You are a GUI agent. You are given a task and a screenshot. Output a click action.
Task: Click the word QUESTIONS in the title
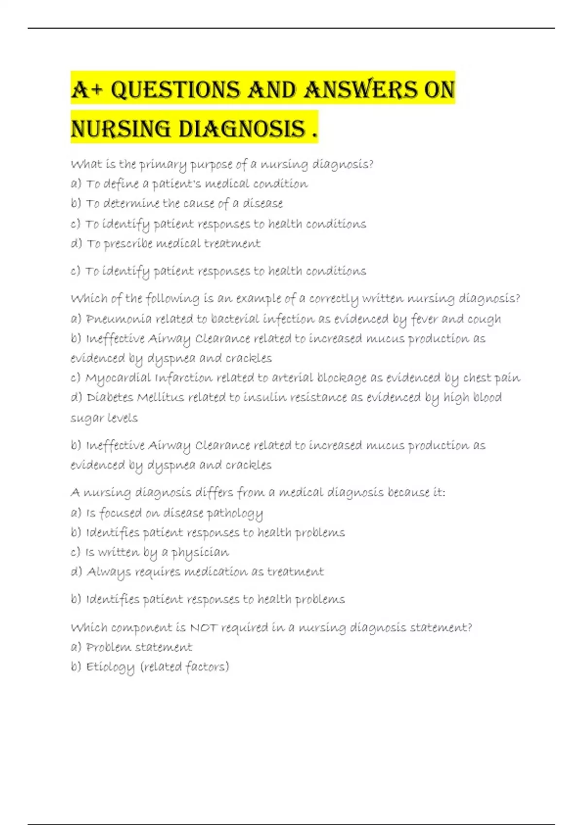(x=175, y=90)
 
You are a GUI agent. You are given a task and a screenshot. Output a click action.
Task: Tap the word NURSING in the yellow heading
(x=120, y=129)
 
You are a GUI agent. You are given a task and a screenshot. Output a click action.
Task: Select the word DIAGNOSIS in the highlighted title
(x=242, y=129)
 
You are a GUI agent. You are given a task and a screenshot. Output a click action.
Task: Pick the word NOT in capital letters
(x=204, y=627)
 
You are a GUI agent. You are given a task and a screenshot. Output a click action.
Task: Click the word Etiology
(x=110, y=667)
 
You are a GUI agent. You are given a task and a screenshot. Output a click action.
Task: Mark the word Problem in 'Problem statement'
(x=108, y=647)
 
